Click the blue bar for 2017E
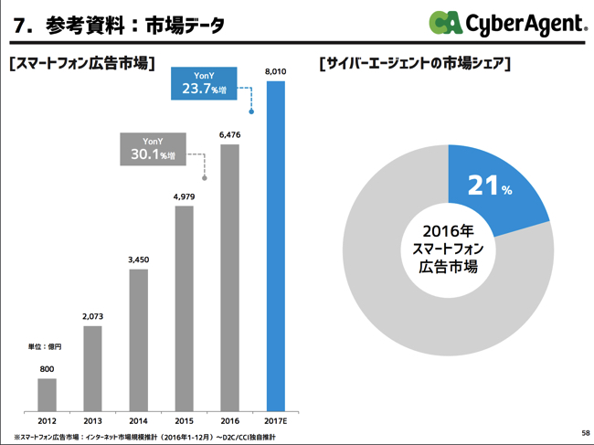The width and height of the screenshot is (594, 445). tap(275, 247)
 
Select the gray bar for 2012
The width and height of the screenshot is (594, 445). tap(47, 395)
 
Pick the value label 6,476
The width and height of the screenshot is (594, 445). tap(229, 134)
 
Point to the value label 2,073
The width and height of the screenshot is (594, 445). tap(92, 316)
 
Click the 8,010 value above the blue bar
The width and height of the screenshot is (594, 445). tap(275, 70)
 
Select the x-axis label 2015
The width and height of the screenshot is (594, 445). tap(184, 421)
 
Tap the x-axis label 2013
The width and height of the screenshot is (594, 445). tap(92, 421)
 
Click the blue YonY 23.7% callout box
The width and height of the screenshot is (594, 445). tap(204, 83)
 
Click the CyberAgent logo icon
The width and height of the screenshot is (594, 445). tap(446, 23)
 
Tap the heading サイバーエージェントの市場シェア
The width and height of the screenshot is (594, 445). tap(415, 65)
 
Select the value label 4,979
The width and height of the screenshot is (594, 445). tap(184, 195)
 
